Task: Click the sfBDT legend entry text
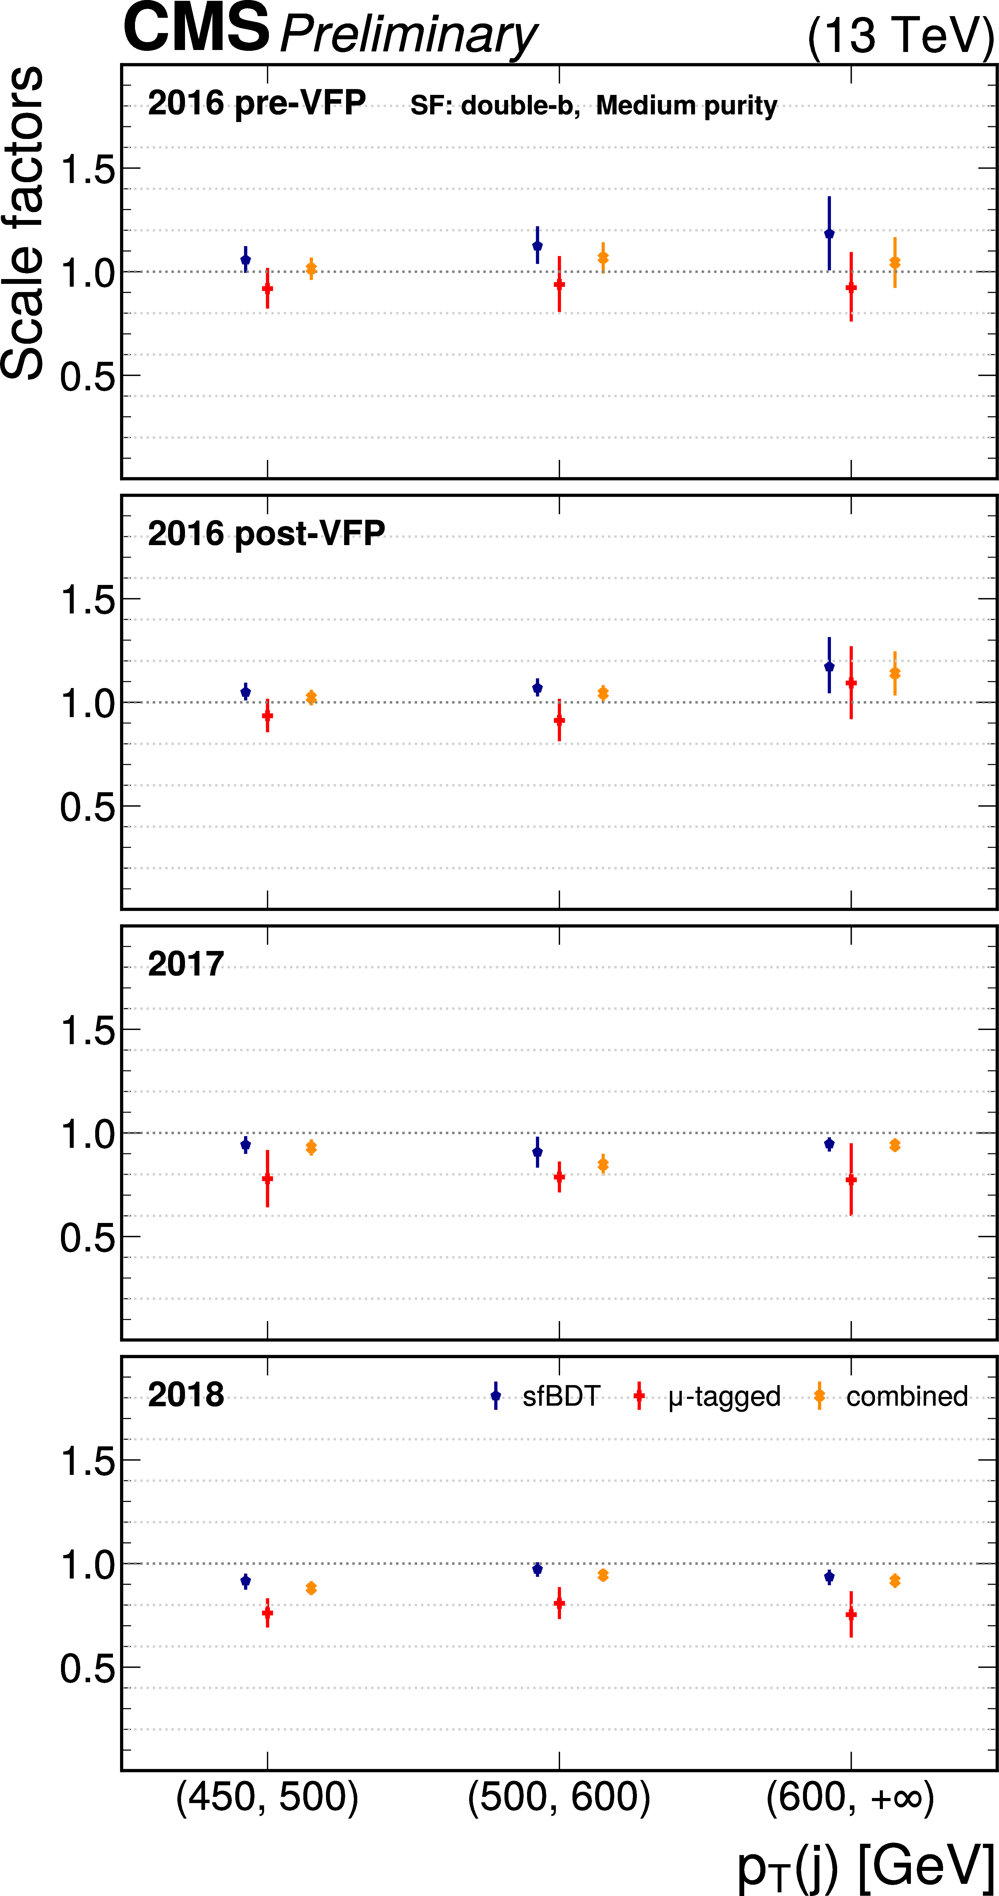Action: coord(561,1396)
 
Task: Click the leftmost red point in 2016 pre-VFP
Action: coord(267,288)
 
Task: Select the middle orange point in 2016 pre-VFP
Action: coord(603,258)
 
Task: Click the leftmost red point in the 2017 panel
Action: coord(267,1178)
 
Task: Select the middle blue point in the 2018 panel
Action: coord(537,1569)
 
